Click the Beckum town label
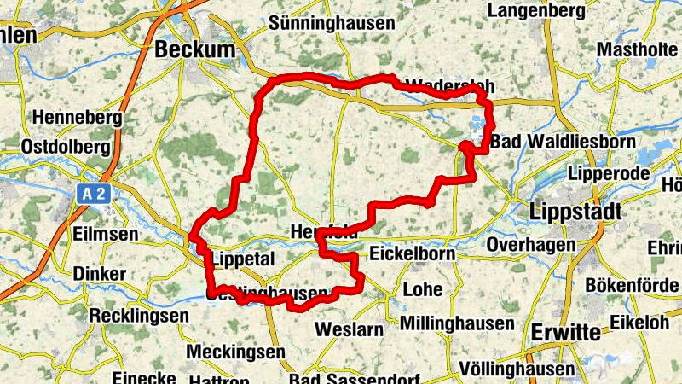click(194, 51)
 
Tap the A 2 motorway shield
click(94, 195)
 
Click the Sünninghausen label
click(332, 24)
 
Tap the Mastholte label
click(637, 49)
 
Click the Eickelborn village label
click(413, 254)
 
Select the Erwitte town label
click(564, 332)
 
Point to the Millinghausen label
click(457, 323)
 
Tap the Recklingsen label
click(140, 316)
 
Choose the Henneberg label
click(74, 116)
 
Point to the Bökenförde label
click(633, 285)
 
